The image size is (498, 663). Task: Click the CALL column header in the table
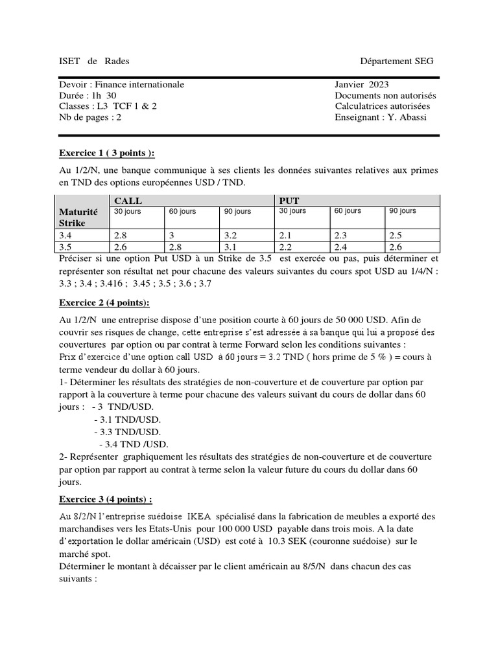click(128, 201)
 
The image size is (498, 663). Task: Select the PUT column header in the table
click(289, 201)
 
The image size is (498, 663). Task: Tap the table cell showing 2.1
click(286, 236)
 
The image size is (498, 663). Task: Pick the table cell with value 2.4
click(341, 247)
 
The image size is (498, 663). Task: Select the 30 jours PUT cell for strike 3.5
click(286, 247)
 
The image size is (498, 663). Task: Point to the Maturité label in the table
click(78, 212)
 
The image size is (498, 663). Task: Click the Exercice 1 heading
click(107, 153)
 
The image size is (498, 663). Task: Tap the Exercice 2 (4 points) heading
click(104, 302)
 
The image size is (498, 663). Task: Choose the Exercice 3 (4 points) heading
click(106, 499)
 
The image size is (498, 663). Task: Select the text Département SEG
click(397, 61)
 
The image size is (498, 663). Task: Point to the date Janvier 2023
click(362, 84)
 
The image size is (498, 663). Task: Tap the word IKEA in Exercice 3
click(199, 517)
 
